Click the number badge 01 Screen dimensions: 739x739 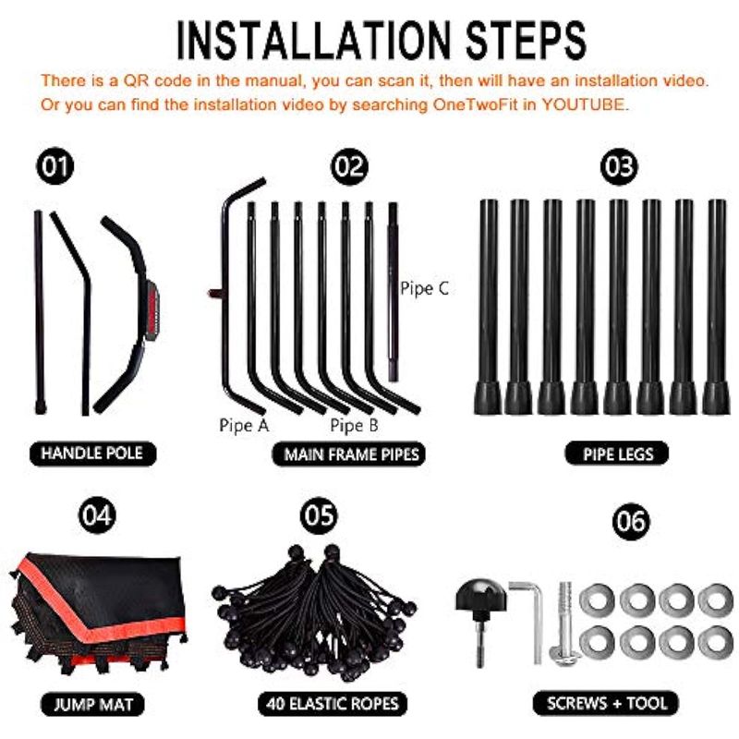(55, 166)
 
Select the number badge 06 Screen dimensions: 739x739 (631, 521)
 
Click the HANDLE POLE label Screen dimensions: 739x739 (92, 454)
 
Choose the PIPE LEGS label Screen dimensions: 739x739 (617, 454)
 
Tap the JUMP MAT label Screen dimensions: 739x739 (93, 704)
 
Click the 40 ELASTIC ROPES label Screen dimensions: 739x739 (333, 704)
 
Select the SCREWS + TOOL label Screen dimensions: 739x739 (606, 703)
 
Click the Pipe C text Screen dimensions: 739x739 (424, 288)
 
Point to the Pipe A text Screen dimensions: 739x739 (244, 425)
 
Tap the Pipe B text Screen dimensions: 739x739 (355, 425)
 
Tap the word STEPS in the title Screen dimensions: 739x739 (526, 40)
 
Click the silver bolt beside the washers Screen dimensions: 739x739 (563, 624)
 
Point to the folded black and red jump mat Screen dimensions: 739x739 (98, 612)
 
